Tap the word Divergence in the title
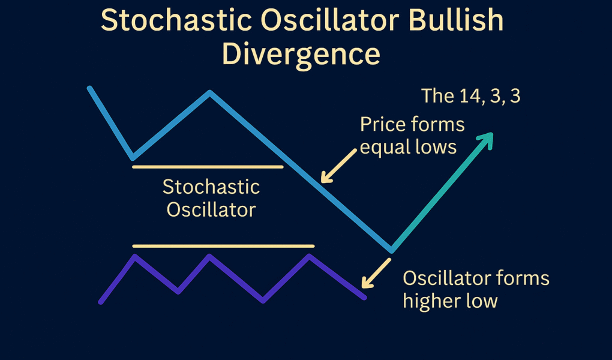pyautogui.click(x=301, y=53)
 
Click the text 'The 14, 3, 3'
pyautogui.click(x=470, y=96)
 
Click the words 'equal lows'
pyautogui.click(x=408, y=146)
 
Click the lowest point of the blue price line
pyautogui.click(x=391, y=250)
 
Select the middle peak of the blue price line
pyautogui.click(x=209, y=93)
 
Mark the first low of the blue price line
pyautogui.click(x=133, y=158)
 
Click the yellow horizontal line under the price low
pyautogui.click(x=207, y=166)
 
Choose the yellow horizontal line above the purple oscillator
pyautogui.click(x=223, y=245)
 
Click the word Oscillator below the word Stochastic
pyautogui.click(x=211, y=210)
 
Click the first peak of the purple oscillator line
pyautogui.click(x=135, y=256)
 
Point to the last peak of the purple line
pyautogui.click(x=309, y=256)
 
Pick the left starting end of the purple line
pyautogui.click(x=101, y=302)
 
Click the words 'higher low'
pyautogui.click(x=450, y=300)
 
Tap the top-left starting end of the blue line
pyautogui.click(x=89, y=88)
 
